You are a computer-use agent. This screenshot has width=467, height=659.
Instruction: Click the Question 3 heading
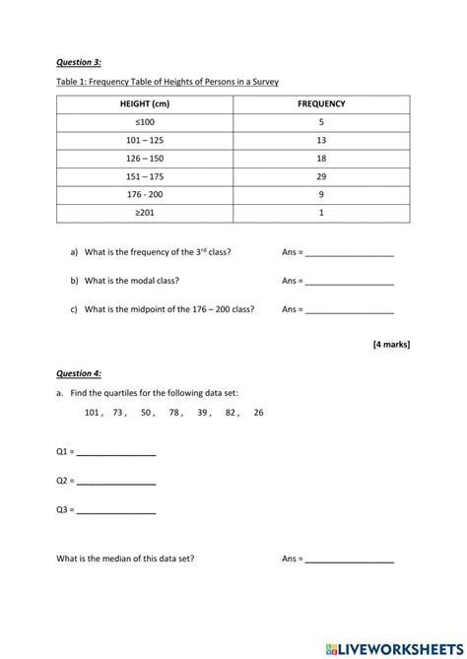(x=79, y=62)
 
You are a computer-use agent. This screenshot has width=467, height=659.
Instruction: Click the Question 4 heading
(x=79, y=374)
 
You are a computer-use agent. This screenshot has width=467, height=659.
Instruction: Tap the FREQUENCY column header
(x=321, y=103)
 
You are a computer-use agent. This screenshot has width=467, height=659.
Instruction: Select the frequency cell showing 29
(x=321, y=176)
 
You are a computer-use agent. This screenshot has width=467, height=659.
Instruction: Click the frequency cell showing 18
(x=321, y=159)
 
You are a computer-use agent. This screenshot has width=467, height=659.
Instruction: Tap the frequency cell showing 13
(x=321, y=140)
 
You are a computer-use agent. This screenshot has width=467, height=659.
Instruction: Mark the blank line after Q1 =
(x=115, y=454)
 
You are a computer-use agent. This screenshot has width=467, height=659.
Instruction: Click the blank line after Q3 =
(x=115, y=511)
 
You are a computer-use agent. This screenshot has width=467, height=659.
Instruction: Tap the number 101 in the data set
(x=94, y=413)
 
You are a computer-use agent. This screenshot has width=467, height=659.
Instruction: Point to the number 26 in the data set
(x=258, y=413)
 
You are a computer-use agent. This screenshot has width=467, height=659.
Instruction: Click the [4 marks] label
(x=391, y=344)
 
